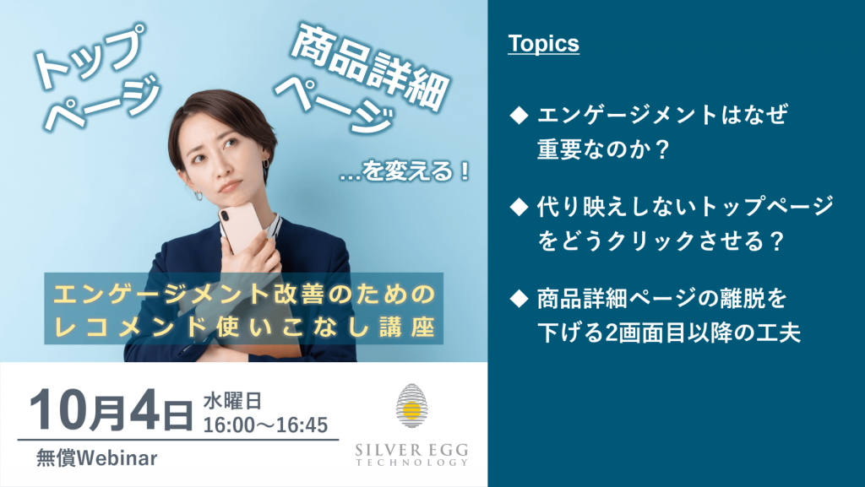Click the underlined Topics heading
543,44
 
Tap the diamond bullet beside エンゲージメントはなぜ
519,116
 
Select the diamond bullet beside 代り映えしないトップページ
519,207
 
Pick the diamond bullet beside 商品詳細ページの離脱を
519,299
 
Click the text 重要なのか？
603,149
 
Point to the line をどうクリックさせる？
661,241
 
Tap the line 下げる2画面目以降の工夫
669,333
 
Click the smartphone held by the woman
240,227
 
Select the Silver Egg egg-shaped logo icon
411,406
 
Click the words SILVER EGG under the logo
411,450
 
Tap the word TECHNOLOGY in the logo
411,463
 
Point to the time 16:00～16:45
265,425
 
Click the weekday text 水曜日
232,401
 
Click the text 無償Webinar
96,457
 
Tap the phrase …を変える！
405,171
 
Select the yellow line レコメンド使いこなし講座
244,327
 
